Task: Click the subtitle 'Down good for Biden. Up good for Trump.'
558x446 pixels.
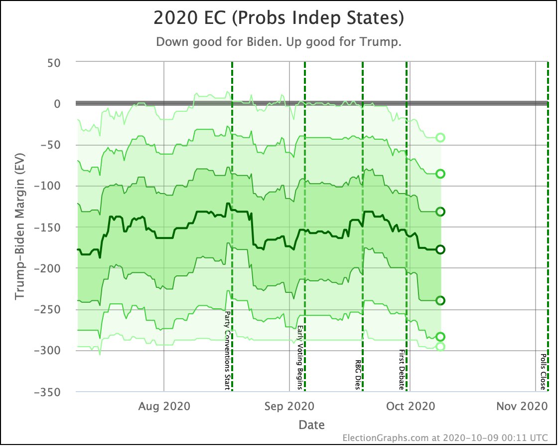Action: pyautogui.click(x=279, y=42)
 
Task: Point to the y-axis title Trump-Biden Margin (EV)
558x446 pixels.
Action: pyautogui.click(x=19, y=227)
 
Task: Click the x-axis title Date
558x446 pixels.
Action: pyautogui.click(x=311, y=425)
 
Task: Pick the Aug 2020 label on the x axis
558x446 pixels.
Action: pyautogui.click(x=164, y=406)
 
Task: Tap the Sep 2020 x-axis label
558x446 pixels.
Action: pyautogui.click(x=289, y=406)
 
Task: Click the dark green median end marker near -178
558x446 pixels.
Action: pyautogui.click(x=440, y=249)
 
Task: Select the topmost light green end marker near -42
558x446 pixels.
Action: pyautogui.click(x=440, y=138)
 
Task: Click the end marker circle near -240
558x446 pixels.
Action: pyautogui.click(x=440, y=300)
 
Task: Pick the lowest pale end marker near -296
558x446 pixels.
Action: pyautogui.click(x=440, y=346)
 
